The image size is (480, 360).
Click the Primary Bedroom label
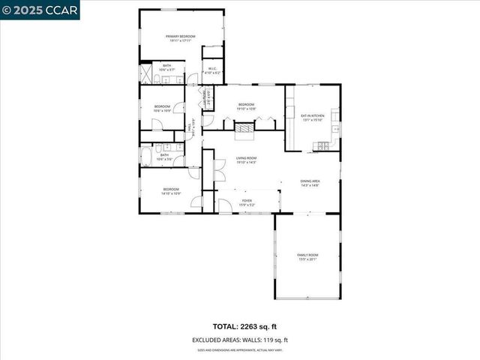pyautogui.click(x=180, y=38)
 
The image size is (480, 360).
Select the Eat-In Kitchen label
pyautogui.click(x=311, y=118)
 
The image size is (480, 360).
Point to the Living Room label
pyautogui.click(x=247, y=160)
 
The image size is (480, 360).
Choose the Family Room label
pyautogui.click(x=308, y=257)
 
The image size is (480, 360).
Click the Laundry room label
pyautogui.click(x=204, y=98)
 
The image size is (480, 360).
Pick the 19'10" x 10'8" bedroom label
pyautogui.click(x=247, y=106)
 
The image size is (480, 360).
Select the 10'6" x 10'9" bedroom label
pyautogui.click(x=163, y=109)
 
